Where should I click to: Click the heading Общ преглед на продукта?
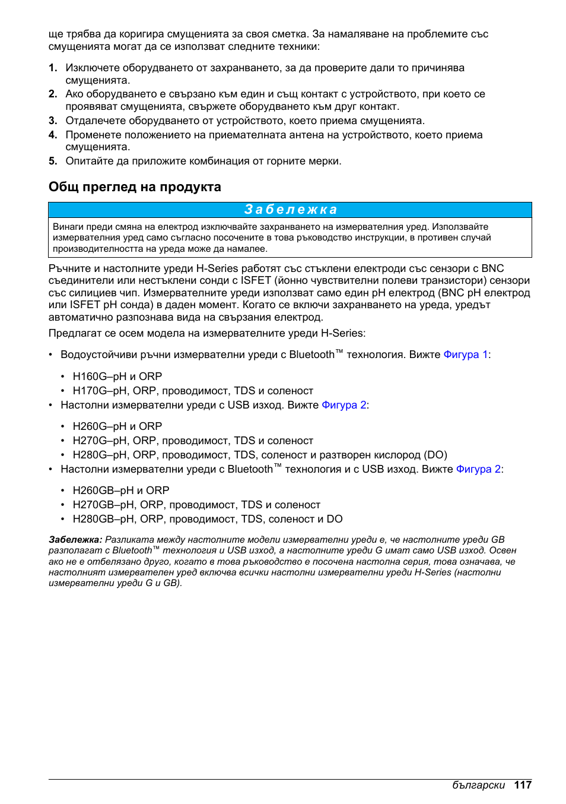135,187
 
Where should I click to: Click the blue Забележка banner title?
290,210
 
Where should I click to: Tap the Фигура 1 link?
466,354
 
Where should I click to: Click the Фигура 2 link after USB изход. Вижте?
344,405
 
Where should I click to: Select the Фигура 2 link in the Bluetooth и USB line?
478,469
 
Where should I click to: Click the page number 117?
523,785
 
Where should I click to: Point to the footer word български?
478,785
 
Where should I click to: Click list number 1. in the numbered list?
53,68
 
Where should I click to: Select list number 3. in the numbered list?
53,121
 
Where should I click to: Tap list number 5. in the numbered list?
53,161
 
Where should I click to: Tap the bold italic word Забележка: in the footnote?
75,540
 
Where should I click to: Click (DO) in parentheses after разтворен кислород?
435,455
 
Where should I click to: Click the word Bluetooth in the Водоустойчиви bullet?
312,354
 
